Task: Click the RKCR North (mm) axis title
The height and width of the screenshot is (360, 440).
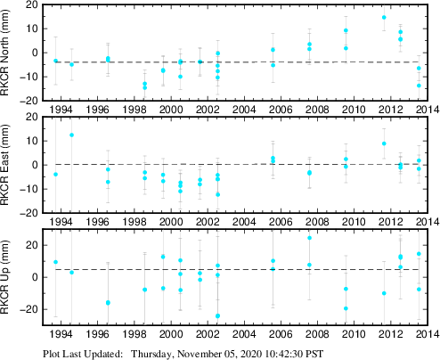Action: pyautogui.click(x=8, y=53)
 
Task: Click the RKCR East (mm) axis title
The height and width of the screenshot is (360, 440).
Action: pyautogui.click(x=8, y=166)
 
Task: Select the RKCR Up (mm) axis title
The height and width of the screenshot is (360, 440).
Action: pyautogui.click(x=8, y=279)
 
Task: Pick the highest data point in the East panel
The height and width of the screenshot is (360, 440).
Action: pyautogui.click(x=72, y=135)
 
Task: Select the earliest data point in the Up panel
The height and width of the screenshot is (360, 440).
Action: pyautogui.click(x=56, y=262)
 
